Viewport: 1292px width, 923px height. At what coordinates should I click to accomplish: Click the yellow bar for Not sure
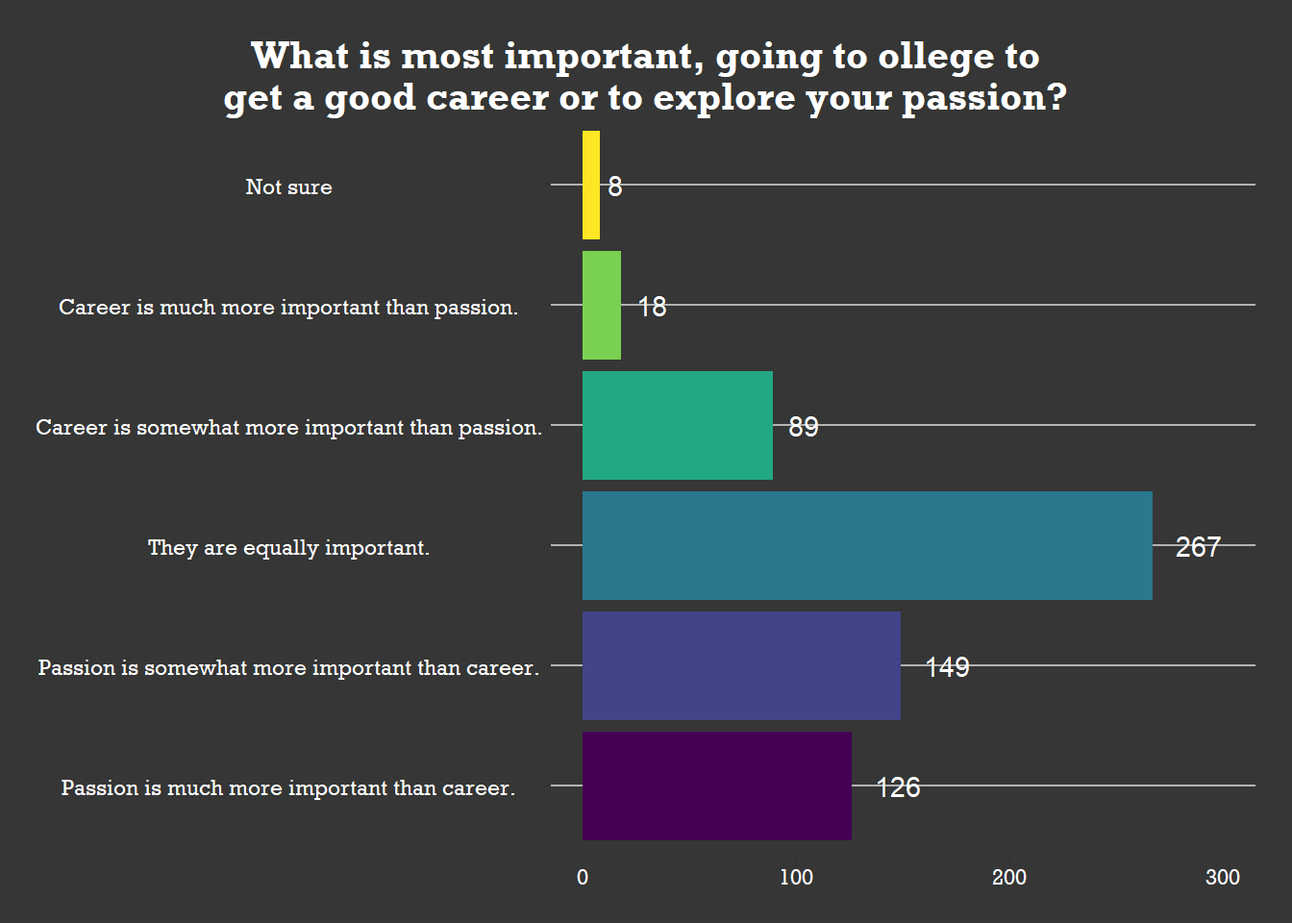click(591, 186)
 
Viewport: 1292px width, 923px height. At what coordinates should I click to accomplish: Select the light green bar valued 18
click(602, 306)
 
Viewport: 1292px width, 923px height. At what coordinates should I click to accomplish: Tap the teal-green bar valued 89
click(678, 426)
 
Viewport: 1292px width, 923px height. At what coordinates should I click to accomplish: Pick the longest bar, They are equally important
click(867, 546)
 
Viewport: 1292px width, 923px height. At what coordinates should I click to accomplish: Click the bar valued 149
click(741, 666)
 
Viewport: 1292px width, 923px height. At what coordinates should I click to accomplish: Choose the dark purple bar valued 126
click(717, 786)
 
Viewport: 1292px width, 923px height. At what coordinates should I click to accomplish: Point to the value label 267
click(1198, 547)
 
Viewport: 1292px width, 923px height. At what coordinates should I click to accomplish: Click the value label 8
click(615, 187)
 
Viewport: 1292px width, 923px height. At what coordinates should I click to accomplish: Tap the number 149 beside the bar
click(947, 667)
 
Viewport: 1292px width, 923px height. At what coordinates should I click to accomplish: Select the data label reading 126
click(898, 787)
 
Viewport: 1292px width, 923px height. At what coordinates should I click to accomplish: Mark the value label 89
click(804, 427)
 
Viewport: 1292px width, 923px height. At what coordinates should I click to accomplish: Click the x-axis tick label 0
click(583, 877)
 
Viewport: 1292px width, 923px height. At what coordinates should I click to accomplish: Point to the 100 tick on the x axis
click(796, 877)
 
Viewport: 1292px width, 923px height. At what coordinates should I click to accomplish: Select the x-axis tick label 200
click(1009, 877)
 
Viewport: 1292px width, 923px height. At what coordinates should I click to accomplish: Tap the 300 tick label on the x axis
click(1223, 877)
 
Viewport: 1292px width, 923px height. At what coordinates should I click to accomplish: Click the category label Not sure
click(288, 187)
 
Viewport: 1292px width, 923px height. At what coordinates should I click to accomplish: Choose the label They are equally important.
click(288, 547)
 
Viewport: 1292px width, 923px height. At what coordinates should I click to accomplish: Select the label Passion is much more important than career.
click(288, 787)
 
